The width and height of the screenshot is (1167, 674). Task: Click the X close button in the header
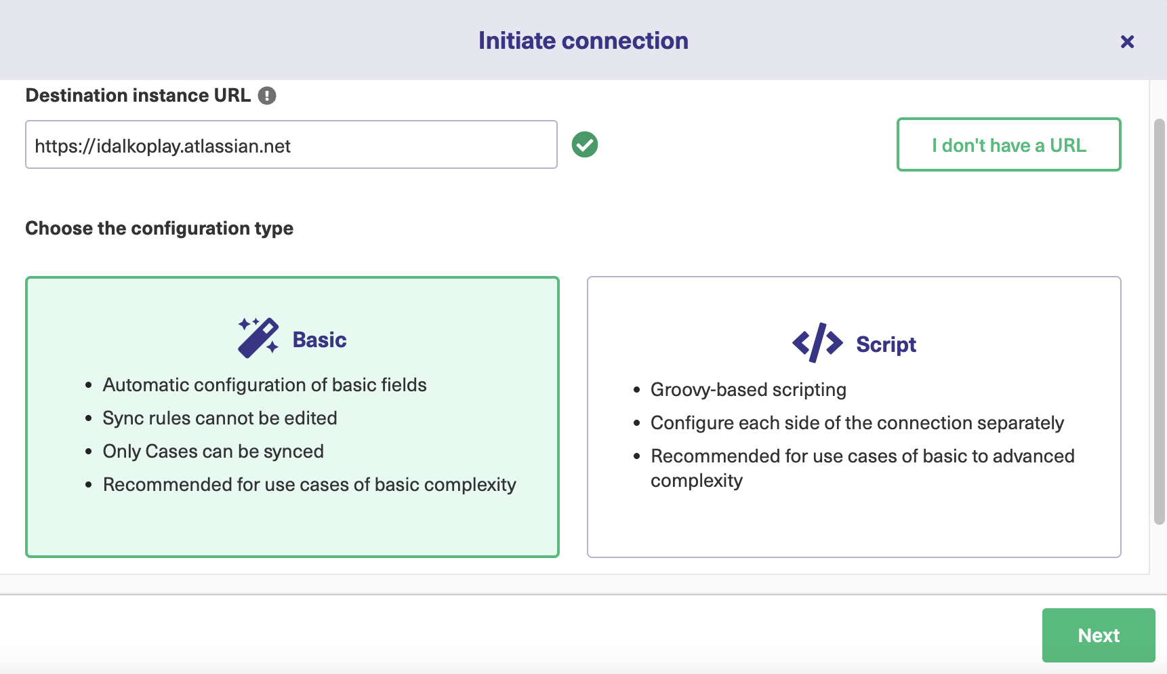pos(1127,42)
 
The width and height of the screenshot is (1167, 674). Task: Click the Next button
pos(1099,635)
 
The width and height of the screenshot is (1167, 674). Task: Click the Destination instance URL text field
pos(291,144)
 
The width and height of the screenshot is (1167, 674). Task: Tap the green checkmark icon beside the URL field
pos(585,144)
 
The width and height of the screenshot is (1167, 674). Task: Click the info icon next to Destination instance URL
pos(267,96)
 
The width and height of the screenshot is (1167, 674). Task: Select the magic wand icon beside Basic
pos(258,337)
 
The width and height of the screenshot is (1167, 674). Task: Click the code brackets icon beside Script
pos(817,343)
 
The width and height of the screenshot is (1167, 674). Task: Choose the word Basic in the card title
pos(319,340)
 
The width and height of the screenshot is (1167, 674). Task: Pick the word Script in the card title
pos(886,344)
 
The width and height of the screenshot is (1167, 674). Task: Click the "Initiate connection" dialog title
pos(583,41)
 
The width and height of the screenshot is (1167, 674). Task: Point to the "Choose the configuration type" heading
pos(159,229)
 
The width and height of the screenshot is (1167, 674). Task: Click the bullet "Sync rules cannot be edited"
pos(220,418)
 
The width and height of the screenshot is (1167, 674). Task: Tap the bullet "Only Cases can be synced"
pos(213,452)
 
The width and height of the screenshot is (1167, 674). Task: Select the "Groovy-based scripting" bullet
pos(748,390)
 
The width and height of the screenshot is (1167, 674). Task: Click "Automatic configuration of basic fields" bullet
pos(264,385)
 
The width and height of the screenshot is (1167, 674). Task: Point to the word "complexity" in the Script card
pos(697,481)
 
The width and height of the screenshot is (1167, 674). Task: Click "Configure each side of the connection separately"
pos(857,423)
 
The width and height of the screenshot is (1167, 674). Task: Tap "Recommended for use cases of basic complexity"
pos(310,485)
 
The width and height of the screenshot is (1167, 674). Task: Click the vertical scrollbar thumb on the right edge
pos(1160,322)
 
